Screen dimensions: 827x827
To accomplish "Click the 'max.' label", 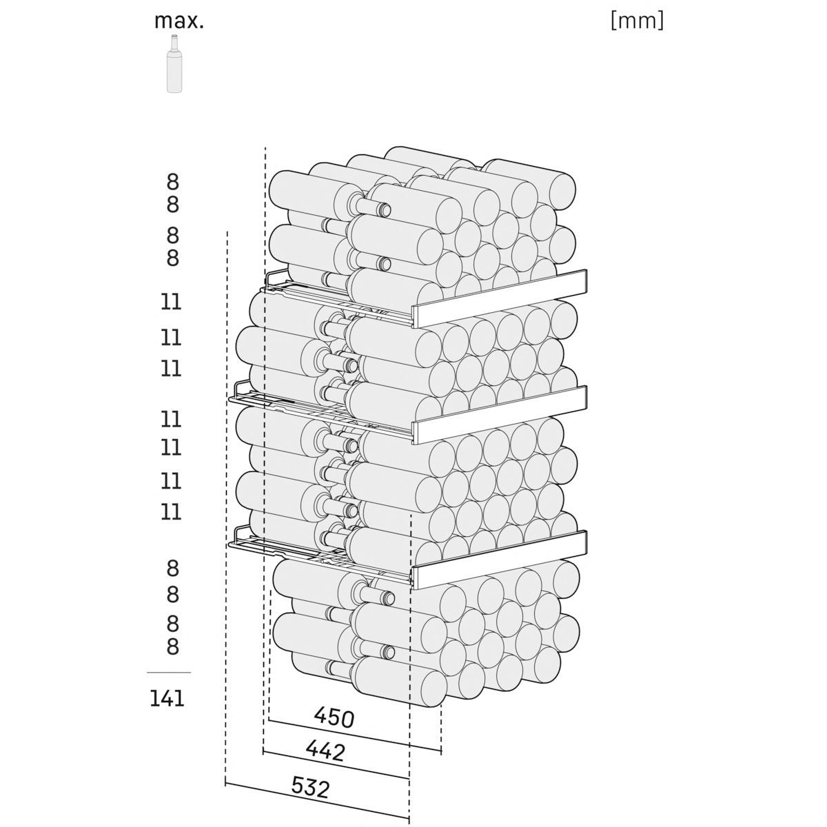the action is pos(178,21).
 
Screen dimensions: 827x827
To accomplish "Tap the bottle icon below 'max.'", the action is pos(174,63).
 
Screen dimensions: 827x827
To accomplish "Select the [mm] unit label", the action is pos(637,21).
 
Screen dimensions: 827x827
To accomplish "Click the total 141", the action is pos(167,699).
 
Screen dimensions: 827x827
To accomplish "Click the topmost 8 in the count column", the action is pos(172,182).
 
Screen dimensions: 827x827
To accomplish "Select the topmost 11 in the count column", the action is pos(171,302).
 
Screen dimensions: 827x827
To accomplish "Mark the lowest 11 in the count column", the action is pos(171,512).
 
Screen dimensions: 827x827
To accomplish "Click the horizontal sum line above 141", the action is pos(169,673).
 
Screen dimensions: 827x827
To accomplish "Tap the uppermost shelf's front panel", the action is pos(500,298).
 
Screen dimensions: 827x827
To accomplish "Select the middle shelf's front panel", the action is pos(500,415).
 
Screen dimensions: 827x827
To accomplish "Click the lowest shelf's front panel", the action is pos(499,560).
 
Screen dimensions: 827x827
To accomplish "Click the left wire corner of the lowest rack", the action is pos(232,545).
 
